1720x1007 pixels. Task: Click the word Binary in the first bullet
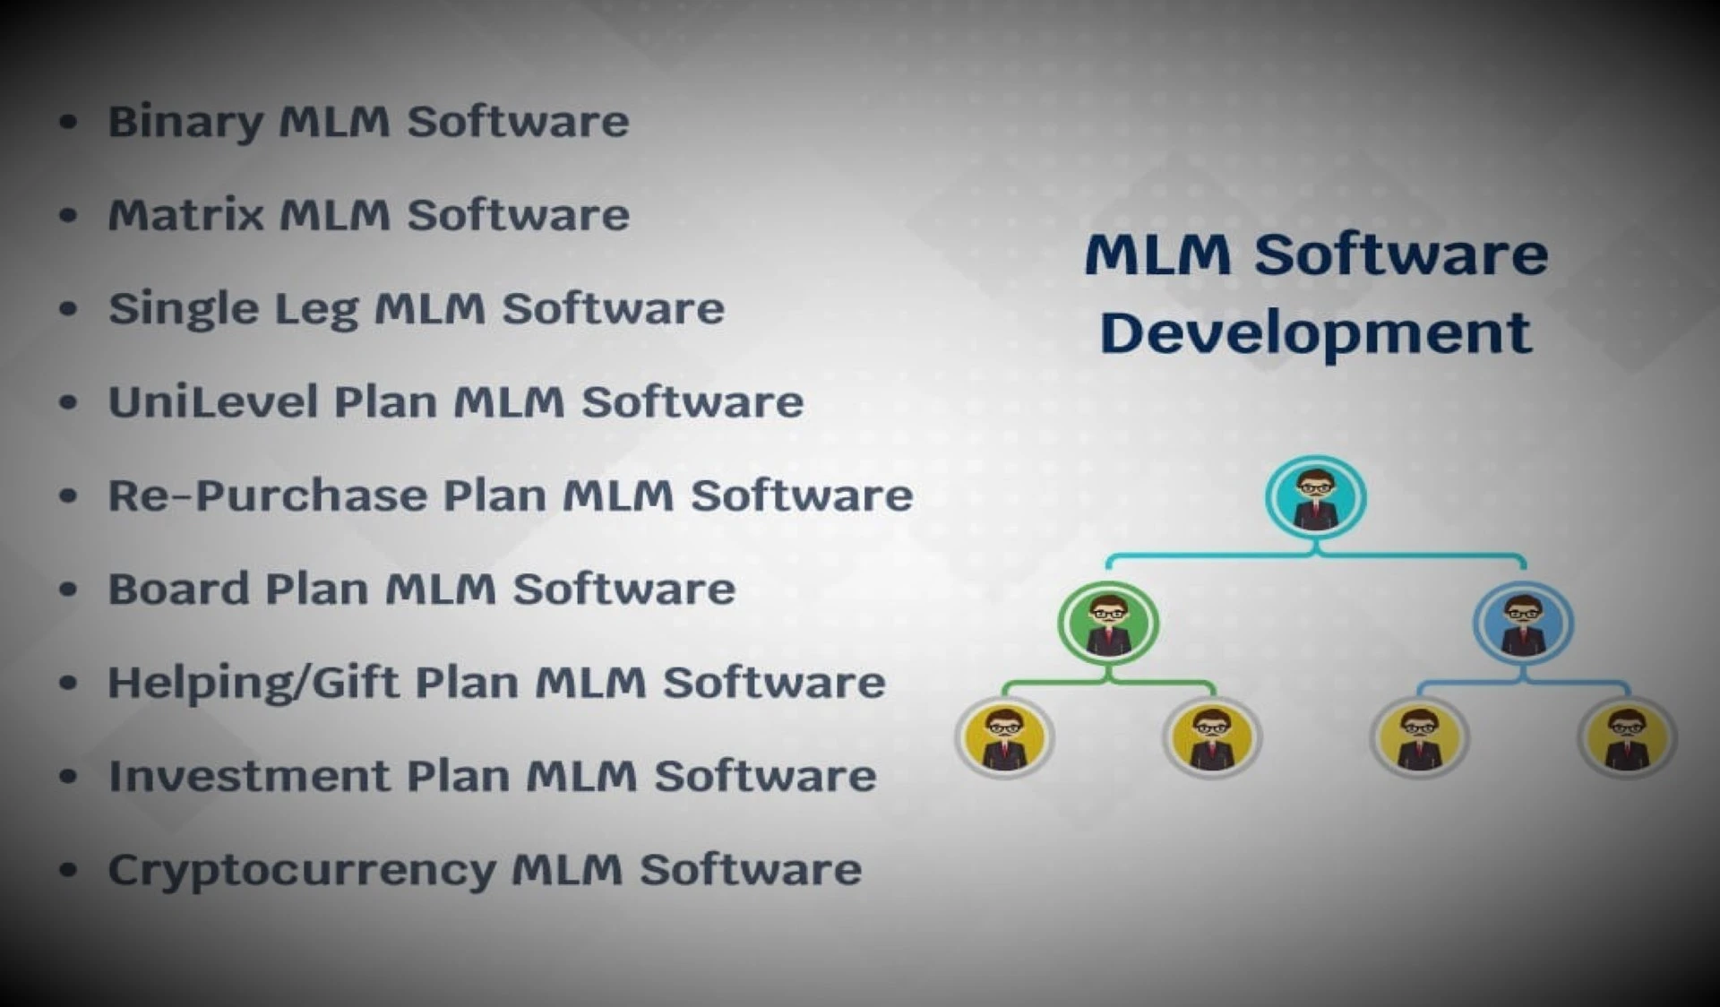(185, 122)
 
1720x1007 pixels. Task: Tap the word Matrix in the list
(185, 215)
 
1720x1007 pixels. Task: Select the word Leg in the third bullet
(315, 310)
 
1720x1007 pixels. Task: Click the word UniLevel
(213, 402)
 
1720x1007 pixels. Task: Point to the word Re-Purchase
(267, 495)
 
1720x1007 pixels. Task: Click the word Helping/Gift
(253, 684)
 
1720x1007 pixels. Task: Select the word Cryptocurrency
(301, 871)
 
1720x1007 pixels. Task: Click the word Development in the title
(1315, 334)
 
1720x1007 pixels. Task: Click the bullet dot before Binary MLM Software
(68, 122)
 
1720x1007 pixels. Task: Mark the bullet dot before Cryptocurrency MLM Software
(68, 870)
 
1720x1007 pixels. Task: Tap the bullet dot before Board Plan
(68, 590)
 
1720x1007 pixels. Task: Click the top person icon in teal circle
(1315, 498)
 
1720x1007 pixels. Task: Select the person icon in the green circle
(1108, 624)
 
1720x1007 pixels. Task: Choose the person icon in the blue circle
(1522, 624)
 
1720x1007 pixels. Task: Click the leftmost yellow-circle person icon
(1004, 738)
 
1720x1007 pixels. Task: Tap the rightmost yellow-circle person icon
(1626, 738)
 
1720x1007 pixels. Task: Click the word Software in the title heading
(1400, 254)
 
